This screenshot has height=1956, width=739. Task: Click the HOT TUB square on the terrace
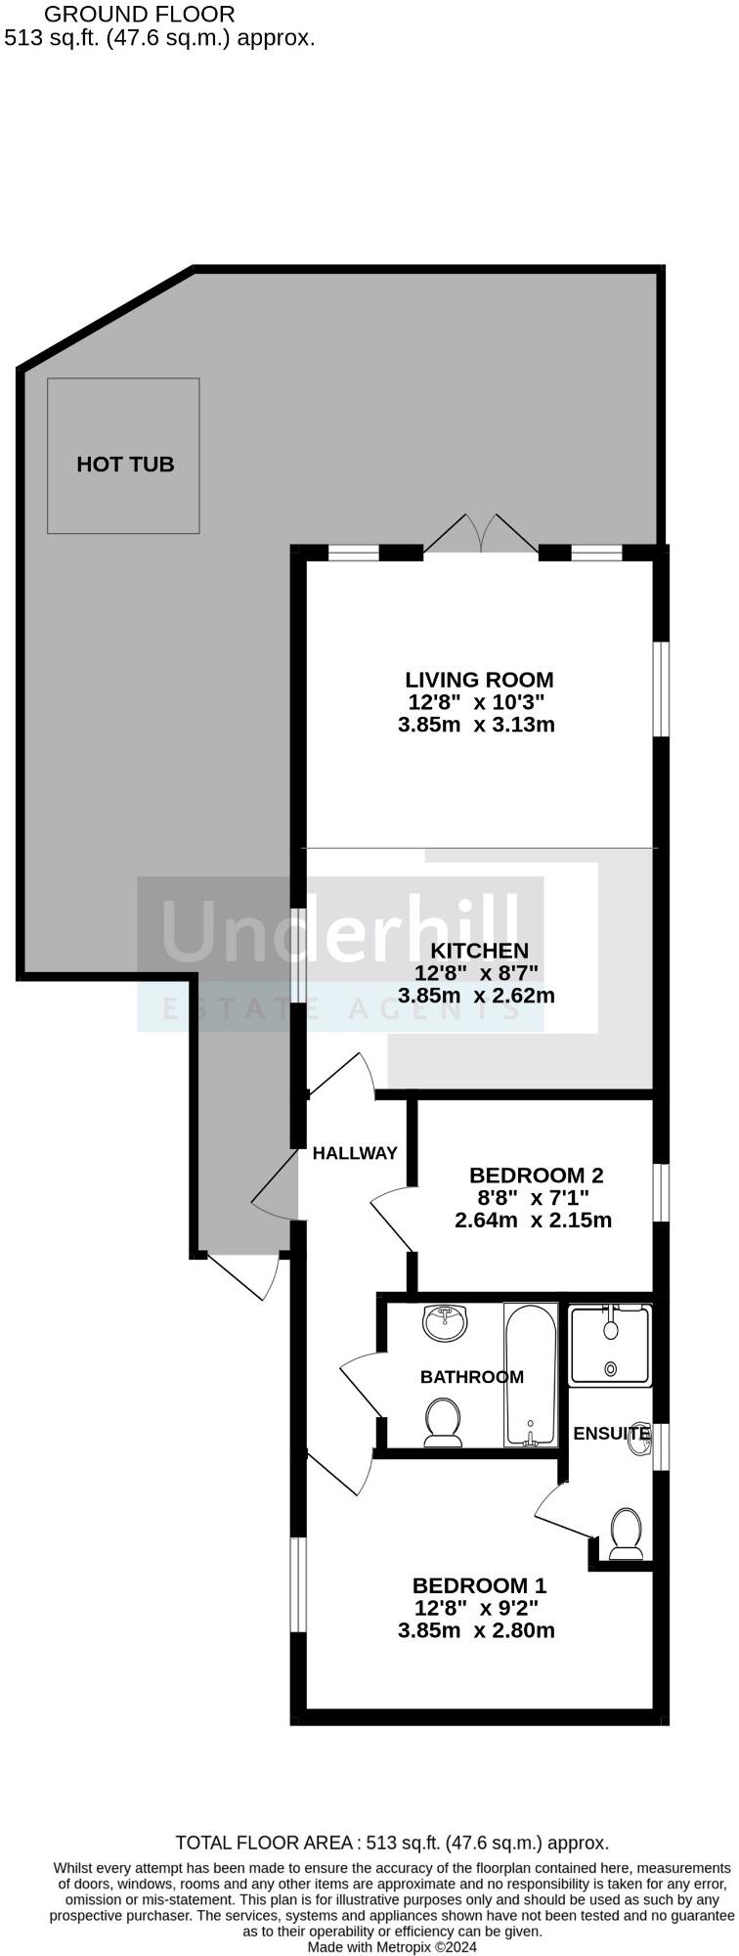123,456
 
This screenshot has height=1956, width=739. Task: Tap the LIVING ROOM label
479,679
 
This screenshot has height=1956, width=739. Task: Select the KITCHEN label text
479,951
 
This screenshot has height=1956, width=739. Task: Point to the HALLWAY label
355,1153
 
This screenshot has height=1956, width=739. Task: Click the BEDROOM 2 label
536,1176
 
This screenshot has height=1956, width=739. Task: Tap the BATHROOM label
471,1377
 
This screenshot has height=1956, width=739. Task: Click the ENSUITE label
611,1434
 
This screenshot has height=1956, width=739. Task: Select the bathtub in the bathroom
530,1374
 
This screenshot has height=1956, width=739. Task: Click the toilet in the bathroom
443,1421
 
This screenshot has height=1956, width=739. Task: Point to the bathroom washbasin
446,1324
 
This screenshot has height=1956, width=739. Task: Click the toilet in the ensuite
625,1532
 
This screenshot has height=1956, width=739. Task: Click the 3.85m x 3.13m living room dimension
476,725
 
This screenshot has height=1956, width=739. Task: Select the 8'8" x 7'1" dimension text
533,1198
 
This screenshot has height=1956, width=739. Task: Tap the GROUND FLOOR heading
140,15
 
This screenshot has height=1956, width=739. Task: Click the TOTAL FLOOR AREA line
391,1843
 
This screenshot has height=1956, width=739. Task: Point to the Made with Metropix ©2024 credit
393,1947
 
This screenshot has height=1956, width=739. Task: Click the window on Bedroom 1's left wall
299,1584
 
